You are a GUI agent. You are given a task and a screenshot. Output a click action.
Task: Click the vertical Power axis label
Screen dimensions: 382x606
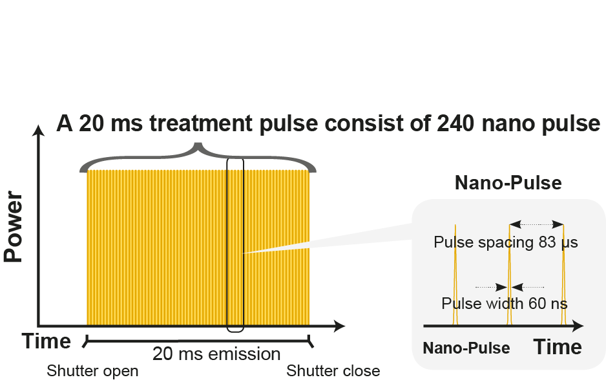point(14,227)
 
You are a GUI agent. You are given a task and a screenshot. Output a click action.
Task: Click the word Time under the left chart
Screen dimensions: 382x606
point(47,341)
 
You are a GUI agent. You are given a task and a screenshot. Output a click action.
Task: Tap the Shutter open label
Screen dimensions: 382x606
point(92,371)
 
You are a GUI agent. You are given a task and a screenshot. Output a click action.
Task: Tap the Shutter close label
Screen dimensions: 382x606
point(333,371)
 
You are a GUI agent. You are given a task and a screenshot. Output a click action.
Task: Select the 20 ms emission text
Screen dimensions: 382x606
point(216,354)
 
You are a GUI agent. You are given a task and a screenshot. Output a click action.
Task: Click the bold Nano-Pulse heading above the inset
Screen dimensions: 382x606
point(508,183)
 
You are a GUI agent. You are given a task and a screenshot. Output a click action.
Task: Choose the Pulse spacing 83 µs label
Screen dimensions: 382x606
point(505,243)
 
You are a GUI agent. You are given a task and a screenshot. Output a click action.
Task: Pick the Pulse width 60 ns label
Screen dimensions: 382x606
point(505,302)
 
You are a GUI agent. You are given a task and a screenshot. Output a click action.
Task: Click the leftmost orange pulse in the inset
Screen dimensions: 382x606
point(455,278)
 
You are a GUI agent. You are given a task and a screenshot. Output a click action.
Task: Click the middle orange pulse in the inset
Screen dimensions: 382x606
point(510,278)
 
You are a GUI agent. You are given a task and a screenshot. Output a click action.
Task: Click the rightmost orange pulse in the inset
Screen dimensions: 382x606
point(563,278)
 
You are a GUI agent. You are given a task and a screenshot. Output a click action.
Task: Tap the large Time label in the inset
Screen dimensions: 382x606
point(557,347)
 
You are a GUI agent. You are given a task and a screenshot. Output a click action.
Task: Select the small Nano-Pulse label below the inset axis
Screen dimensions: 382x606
point(466,348)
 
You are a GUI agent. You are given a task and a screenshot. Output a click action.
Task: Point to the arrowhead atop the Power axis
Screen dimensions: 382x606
point(40,129)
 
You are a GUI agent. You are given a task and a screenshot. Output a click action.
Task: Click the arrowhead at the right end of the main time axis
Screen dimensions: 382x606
point(338,326)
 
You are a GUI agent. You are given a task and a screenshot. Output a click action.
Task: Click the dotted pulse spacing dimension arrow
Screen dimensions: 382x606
point(536,224)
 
